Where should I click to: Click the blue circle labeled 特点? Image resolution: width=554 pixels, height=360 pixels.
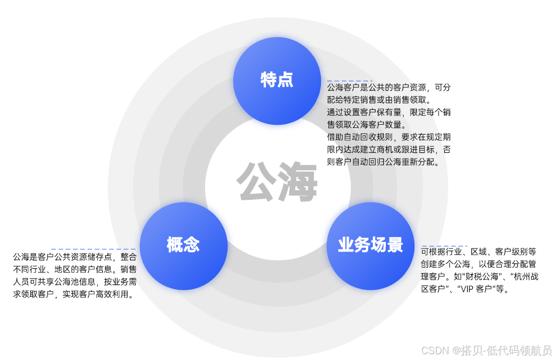(x=277, y=81)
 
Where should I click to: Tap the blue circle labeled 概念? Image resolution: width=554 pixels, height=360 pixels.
(x=184, y=245)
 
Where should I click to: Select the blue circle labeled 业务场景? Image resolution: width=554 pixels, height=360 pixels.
(x=370, y=245)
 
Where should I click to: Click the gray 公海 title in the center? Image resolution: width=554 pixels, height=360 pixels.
(x=277, y=183)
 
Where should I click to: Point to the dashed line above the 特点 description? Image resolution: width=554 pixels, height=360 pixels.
(x=349, y=81)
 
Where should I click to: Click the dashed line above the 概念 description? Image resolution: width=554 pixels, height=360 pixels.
(x=93, y=249)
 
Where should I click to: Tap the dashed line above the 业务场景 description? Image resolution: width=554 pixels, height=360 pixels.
(x=444, y=245)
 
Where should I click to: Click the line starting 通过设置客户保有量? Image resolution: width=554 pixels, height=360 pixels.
(x=389, y=113)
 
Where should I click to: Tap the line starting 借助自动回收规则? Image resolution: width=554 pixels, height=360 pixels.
(x=389, y=137)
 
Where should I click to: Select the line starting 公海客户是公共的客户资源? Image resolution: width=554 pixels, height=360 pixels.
(x=389, y=88)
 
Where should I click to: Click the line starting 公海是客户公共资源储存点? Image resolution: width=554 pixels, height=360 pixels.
(x=75, y=257)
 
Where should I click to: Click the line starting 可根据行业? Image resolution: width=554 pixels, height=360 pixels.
(x=478, y=252)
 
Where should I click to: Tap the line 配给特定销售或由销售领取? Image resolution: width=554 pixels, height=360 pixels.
(x=379, y=100)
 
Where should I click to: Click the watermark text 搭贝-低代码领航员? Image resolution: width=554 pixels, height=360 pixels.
(x=506, y=350)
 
